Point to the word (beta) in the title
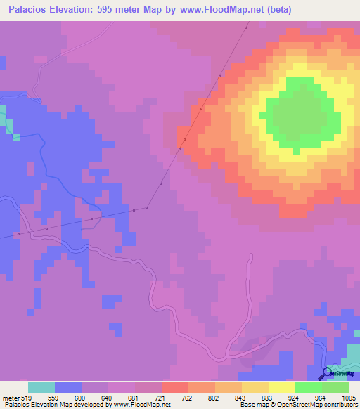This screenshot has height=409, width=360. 275,10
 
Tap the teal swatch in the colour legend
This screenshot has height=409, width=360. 41,387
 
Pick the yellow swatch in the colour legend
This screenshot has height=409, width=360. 281,387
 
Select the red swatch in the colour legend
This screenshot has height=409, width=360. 174,387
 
